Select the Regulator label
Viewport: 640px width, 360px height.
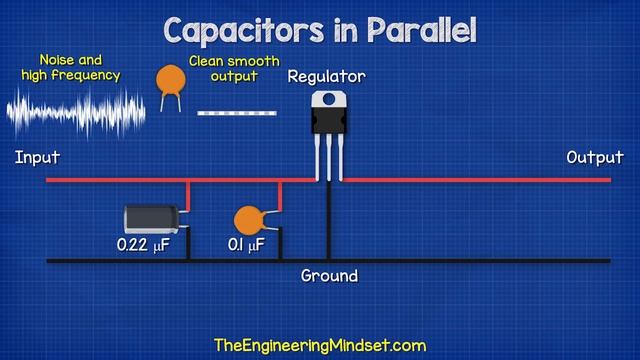pyautogui.click(x=326, y=77)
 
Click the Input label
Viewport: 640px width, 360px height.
pyautogui.click(x=38, y=157)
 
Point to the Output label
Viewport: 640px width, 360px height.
pyautogui.click(x=595, y=157)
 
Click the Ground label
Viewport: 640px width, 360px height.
pyautogui.click(x=329, y=275)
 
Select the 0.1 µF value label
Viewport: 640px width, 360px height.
pyautogui.click(x=245, y=244)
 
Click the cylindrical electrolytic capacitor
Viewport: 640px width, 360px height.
pyautogui.click(x=152, y=220)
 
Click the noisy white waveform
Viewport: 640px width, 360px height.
pyautogui.click(x=75, y=111)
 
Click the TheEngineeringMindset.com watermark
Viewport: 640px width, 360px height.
pyautogui.click(x=320, y=345)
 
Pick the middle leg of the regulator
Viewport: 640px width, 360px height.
pyautogui.click(x=327, y=155)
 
